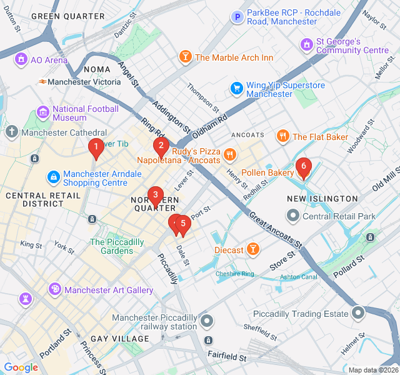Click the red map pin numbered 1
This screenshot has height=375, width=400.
tap(96, 148)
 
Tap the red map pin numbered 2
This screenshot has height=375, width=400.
tap(161, 147)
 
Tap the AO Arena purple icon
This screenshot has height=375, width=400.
tap(21, 59)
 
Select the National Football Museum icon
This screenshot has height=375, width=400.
tap(43, 112)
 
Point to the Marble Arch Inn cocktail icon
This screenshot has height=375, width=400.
tap(185, 57)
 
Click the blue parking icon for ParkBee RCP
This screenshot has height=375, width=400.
tap(237, 17)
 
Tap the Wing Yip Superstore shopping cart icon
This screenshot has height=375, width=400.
tap(236, 88)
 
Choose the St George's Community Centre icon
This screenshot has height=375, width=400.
tap(306, 45)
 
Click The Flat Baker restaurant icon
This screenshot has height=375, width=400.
tap(282, 136)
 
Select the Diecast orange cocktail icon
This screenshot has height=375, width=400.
tap(252, 250)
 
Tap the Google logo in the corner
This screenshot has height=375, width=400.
tap(21, 367)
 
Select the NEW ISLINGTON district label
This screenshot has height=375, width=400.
tap(322, 199)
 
